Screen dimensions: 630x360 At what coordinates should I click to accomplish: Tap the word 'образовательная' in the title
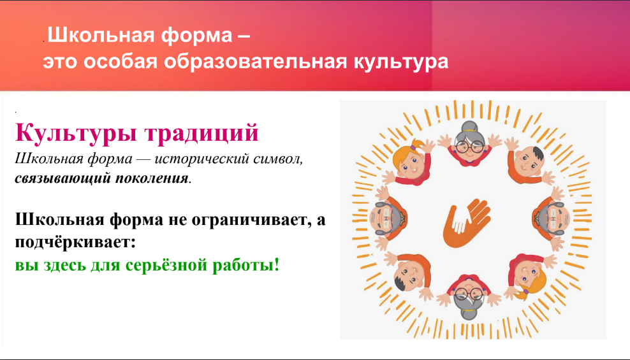[x=255, y=62]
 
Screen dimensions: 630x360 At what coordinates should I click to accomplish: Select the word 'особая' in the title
[x=120, y=62]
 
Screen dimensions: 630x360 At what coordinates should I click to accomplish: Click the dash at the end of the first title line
[x=244, y=35]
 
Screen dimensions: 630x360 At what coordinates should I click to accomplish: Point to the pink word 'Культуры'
[x=75, y=133]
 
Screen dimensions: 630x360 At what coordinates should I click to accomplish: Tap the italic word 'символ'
[x=278, y=159]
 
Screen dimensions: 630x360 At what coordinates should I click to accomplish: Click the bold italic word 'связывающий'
[x=63, y=178]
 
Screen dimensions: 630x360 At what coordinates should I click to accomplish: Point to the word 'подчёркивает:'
[x=75, y=242]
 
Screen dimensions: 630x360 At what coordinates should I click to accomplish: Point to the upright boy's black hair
[x=537, y=154]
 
